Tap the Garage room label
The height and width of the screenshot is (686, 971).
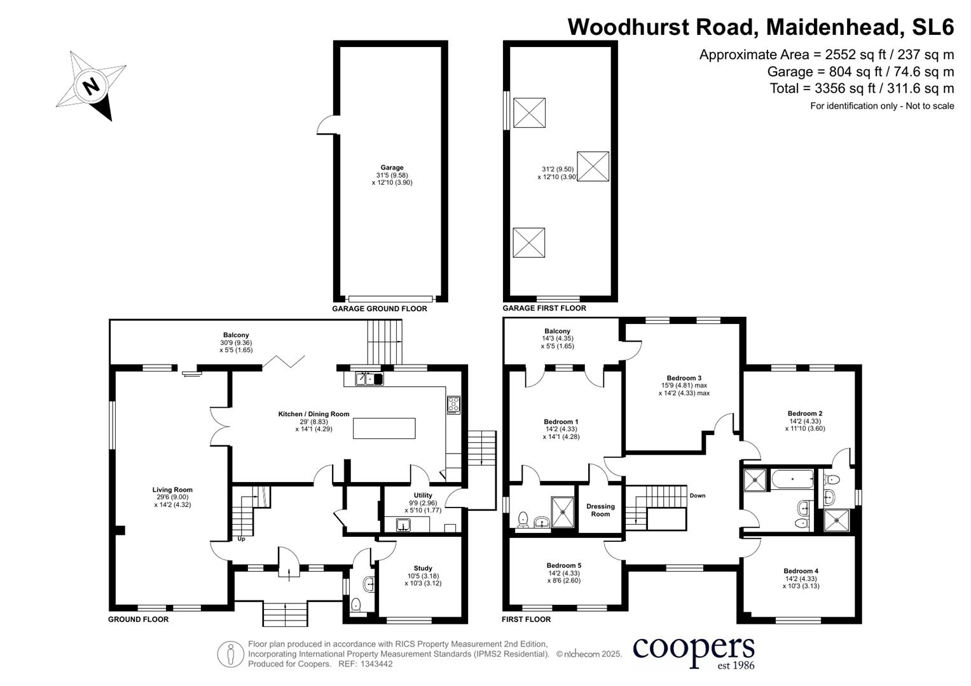392,168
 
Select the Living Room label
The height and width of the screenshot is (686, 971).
172,490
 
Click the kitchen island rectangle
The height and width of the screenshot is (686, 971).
384,428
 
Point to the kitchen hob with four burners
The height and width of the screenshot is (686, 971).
453,405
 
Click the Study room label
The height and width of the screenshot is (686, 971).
423,568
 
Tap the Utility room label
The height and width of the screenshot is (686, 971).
423,495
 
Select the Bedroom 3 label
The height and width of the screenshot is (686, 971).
684,378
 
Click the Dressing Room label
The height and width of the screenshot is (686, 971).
600,510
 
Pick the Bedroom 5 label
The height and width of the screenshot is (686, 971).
563,565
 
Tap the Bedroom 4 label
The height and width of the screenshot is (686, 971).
801,571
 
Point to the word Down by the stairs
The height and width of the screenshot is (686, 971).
697,495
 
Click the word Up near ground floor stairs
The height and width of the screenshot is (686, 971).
241,539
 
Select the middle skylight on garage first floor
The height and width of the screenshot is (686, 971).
593,166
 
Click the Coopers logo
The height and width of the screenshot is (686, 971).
693,651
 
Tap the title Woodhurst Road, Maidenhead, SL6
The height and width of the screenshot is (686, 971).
761,27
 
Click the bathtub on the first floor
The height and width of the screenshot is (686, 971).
791,479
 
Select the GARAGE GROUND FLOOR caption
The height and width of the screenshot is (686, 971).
379,309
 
